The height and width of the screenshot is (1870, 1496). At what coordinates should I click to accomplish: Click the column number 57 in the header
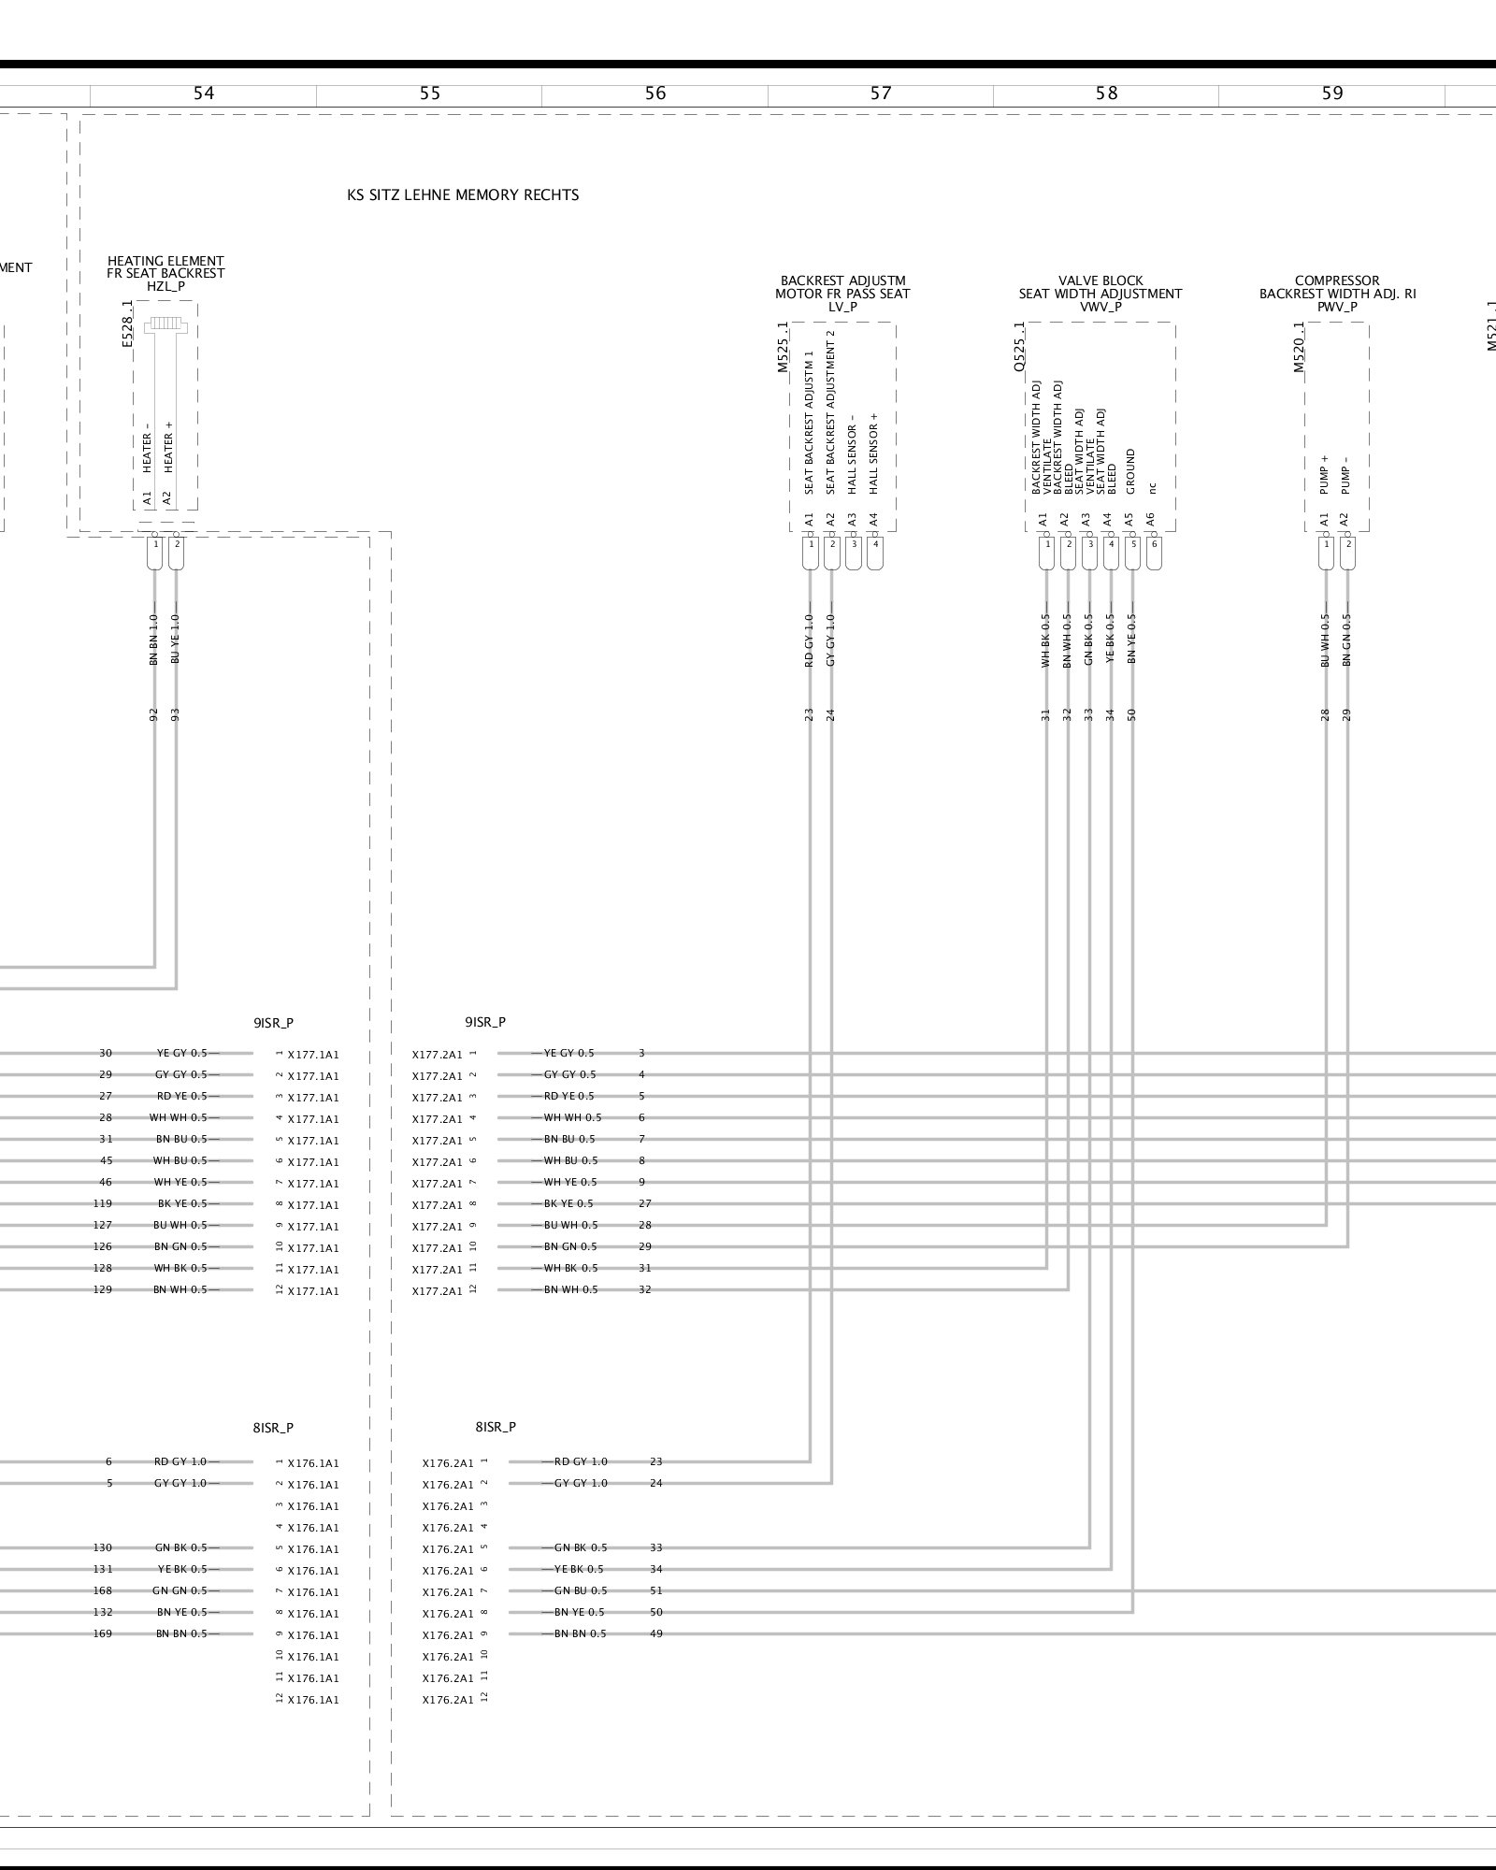point(881,93)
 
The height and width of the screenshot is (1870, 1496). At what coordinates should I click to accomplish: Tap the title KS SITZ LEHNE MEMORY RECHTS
point(463,195)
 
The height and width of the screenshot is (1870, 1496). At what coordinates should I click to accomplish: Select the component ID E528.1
point(128,324)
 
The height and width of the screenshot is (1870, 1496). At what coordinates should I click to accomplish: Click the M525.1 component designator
point(784,348)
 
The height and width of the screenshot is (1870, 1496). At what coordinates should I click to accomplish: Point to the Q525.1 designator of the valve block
point(1019,348)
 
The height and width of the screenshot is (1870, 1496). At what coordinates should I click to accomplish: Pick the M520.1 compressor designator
point(1300,348)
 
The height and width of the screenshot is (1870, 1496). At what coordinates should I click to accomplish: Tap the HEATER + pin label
point(169,447)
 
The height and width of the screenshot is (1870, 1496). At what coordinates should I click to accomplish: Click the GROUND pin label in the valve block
point(1130,472)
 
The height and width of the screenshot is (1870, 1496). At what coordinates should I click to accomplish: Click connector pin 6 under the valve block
point(1154,544)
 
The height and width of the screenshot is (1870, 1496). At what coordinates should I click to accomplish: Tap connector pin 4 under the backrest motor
point(875,544)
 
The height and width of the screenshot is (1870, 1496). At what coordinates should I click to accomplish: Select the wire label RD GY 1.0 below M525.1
point(809,640)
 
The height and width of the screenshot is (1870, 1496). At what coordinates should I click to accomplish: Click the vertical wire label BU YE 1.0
point(175,640)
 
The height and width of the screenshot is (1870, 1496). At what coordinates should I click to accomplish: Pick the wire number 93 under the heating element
point(175,715)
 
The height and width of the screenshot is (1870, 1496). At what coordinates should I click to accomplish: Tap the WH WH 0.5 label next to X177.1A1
point(179,1118)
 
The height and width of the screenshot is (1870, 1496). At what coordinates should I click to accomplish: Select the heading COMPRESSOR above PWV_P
point(1337,280)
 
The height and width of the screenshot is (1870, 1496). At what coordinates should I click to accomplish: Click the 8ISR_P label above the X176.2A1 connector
point(496,1428)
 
